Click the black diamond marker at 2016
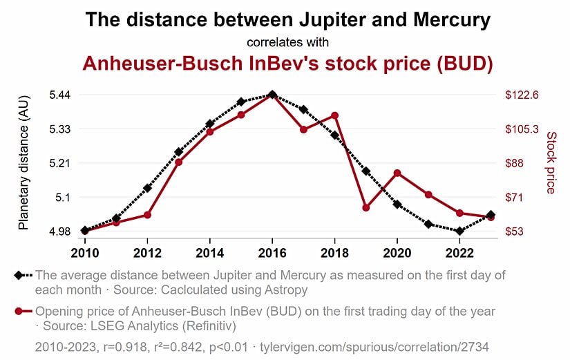[272, 95]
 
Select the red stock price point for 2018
[334, 115]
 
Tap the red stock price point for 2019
[366, 207]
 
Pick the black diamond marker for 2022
[459, 231]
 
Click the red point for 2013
[178, 162]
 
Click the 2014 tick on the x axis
[209, 250]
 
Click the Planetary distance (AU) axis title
[23, 163]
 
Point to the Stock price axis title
[551, 163]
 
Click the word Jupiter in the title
[316, 19]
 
